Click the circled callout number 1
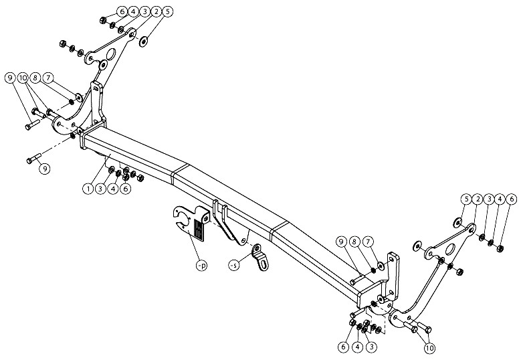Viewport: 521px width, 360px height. tap(88, 189)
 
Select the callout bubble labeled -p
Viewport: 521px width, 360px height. tap(201, 265)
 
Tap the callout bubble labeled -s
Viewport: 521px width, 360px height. tap(234, 266)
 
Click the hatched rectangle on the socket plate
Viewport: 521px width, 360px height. tap(199, 228)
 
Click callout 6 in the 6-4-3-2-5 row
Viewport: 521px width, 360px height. tap(122, 12)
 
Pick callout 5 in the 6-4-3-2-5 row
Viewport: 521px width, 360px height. tap(168, 12)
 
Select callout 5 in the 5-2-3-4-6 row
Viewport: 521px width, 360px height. tap(467, 199)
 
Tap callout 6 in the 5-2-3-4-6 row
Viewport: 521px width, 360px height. tap(512, 199)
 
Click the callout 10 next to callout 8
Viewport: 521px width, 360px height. tap(23, 78)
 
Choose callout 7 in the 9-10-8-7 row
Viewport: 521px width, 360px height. tap(48, 78)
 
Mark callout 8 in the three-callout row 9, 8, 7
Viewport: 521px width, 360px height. tap(354, 241)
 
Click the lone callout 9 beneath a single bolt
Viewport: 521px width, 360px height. tap(45, 169)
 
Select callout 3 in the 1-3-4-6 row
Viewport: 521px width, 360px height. tap(101, 189)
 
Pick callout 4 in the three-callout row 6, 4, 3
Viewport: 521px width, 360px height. tap(358, 347)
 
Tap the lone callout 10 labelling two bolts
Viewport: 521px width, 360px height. tap(429, 348)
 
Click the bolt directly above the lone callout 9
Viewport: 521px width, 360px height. tap(33, 157)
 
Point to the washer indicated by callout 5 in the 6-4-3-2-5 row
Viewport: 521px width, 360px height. tap(144, 42)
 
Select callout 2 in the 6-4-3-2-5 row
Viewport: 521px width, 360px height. tap(157, 12)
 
